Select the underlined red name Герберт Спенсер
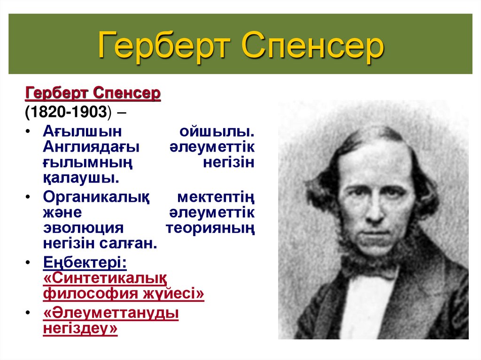[93, 94]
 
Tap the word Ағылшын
[83, 132]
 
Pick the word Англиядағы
[92, 147]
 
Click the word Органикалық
[97, 198]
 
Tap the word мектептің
[216, 198]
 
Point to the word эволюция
[83, 228]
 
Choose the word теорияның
[211, 228]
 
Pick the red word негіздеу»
[80, 329]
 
